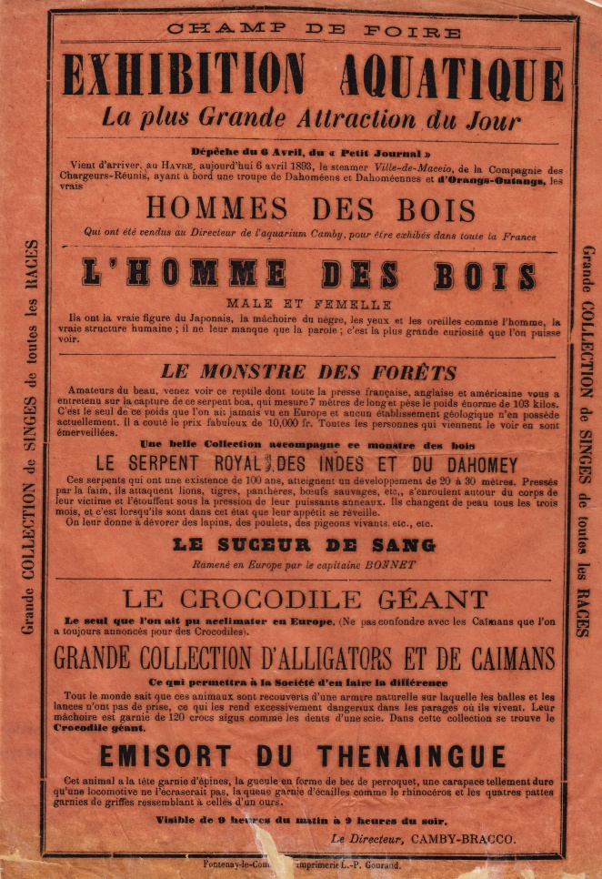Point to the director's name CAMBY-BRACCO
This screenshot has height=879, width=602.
click(463, 838)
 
